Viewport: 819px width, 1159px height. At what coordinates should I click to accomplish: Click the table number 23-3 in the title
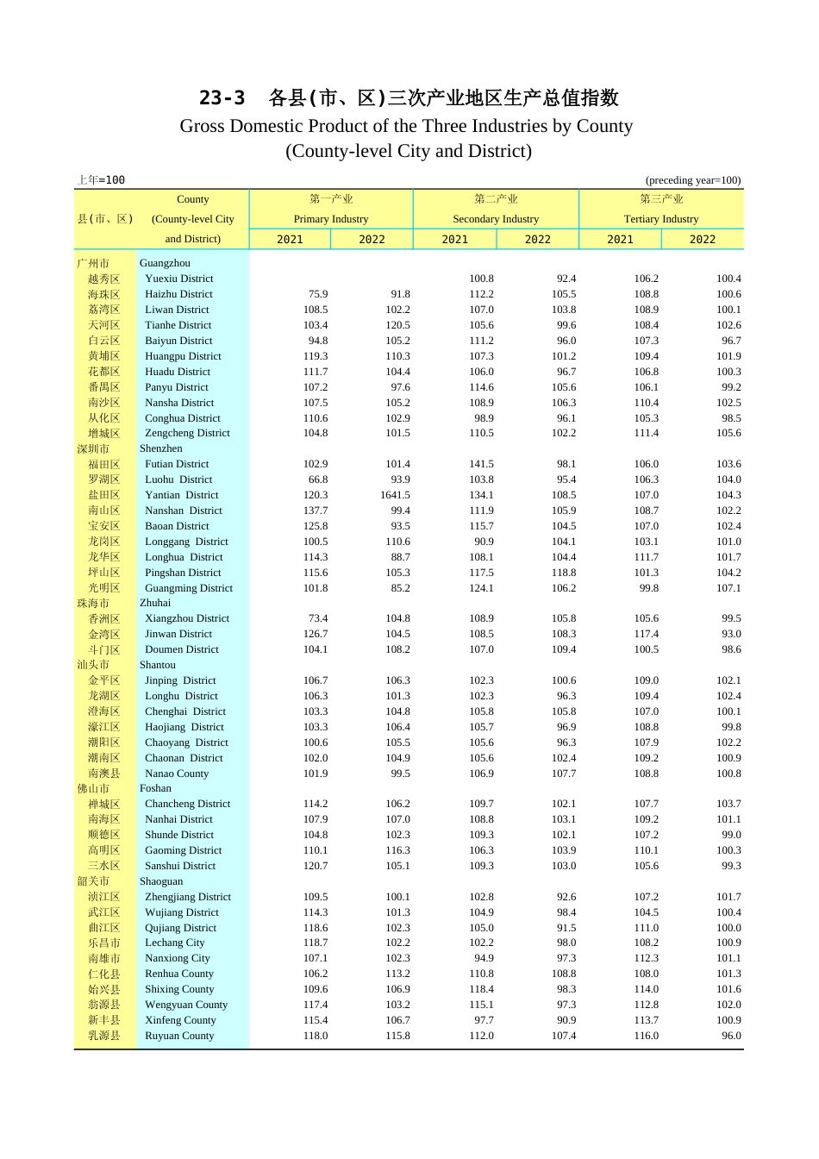(222, 98)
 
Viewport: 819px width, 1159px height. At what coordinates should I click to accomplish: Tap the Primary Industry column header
(331, 219)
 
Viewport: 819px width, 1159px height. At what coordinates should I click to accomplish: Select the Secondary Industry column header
(496, 219)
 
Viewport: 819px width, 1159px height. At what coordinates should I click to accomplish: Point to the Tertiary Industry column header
(661, 219)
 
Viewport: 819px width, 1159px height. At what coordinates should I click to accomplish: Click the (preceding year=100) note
(693, 180)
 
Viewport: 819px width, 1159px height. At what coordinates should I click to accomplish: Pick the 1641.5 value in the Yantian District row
(395, 495)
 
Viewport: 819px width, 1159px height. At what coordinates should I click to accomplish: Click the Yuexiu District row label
(179, 279)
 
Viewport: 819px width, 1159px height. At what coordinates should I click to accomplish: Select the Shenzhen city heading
(161, 448)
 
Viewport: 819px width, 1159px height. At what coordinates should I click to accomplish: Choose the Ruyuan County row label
(179, 1036)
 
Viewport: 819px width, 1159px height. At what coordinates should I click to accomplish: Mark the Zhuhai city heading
(155, 603)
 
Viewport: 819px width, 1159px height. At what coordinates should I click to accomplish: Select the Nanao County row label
(177, 774)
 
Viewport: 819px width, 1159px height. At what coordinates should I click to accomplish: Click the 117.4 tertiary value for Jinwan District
(647, 634)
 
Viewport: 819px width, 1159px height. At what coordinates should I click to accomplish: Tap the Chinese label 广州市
(93, 263)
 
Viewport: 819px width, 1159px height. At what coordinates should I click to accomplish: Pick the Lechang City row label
(175, 943)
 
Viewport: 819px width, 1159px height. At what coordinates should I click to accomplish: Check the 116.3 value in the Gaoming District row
(397, 850)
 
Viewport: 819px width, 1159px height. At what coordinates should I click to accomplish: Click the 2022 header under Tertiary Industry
(703, 240)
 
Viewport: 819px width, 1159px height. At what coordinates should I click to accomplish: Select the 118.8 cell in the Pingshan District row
(564, 573)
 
